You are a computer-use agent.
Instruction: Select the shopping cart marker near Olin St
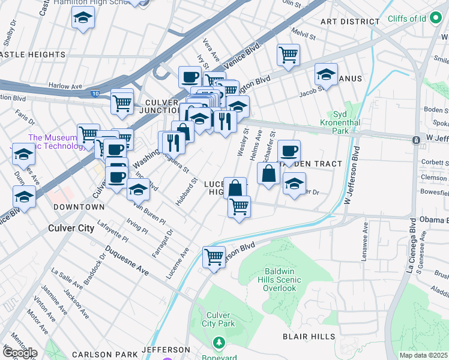pos(288,55)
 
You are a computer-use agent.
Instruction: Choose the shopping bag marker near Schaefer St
pos(268,173)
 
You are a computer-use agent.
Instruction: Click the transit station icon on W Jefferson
pos(415,140)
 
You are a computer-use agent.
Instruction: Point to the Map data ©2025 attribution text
pos(424,355)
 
